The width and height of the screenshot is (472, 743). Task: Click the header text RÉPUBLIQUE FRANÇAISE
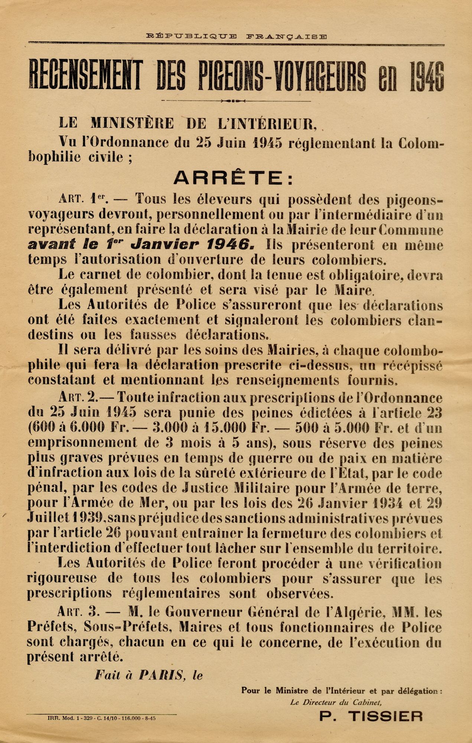236,36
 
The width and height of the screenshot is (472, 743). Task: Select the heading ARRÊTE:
233,179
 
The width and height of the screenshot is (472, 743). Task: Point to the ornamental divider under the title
236,101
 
